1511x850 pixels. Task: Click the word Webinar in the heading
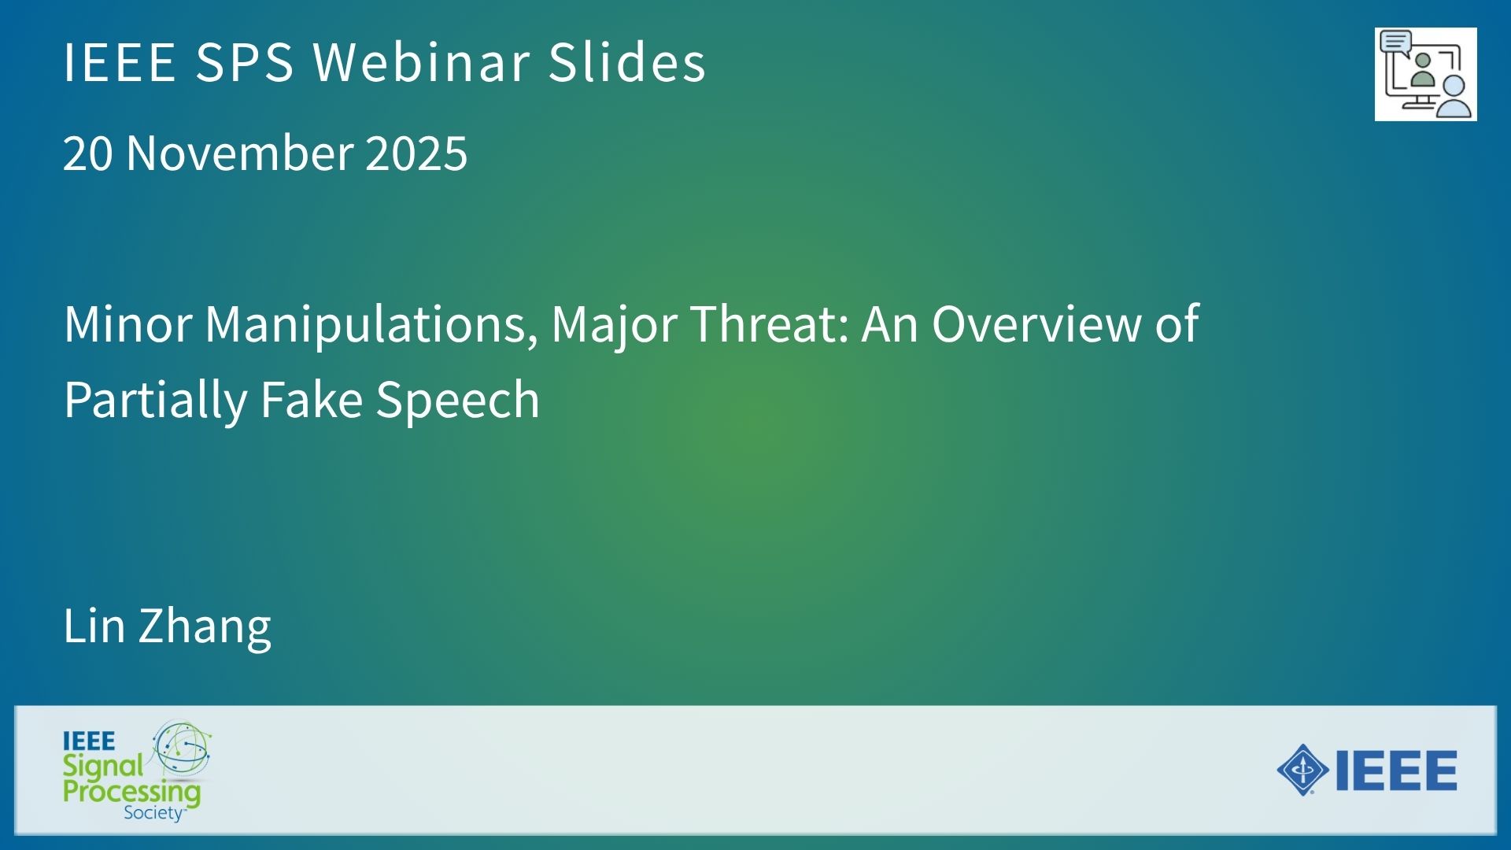point(421,61)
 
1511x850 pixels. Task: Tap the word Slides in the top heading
point(627,61)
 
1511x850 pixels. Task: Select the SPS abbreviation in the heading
point(245,61)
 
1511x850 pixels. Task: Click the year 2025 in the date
point(416,153)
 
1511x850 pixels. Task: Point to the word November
point(240,153)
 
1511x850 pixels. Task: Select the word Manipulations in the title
point(371,324)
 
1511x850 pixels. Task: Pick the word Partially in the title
point(155,401)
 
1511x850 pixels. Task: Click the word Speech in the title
point(457,401)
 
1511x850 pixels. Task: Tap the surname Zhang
point(205,628)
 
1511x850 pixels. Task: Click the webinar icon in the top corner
point(1425,75)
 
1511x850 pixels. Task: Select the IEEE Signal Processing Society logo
point(137,771)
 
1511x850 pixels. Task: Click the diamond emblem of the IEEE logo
point(1302,770)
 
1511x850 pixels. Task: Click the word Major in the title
point(614,326)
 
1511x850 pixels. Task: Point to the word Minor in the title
point(128,324)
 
